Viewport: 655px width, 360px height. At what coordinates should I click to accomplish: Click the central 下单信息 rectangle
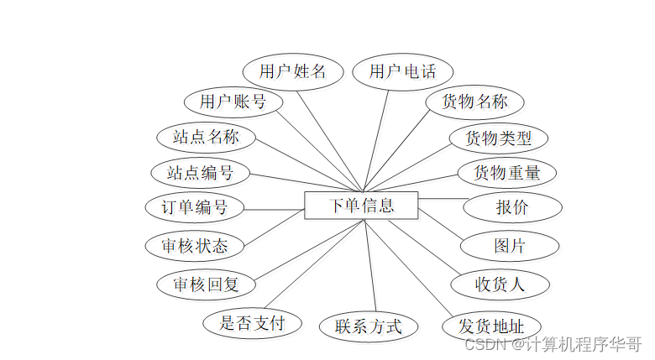(361, 206)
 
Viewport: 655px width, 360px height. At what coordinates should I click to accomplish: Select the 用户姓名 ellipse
(291, 71)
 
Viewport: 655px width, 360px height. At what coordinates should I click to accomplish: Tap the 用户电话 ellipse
(402, 71)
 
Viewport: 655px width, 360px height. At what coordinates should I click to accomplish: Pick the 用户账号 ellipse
(233, 102)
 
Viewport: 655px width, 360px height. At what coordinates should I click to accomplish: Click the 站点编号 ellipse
(200, 173)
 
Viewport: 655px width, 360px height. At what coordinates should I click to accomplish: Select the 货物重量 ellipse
(506, 173)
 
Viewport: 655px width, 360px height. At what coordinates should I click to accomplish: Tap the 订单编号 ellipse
(194, 206)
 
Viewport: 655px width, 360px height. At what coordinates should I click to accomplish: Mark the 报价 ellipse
(511, 207)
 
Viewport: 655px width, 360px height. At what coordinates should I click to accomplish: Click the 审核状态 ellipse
(194, 246)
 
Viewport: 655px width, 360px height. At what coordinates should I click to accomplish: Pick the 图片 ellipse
(510, 246)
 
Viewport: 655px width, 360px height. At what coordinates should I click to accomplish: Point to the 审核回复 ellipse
(206, 284)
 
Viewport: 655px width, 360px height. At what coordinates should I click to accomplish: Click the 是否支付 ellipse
(252, 322)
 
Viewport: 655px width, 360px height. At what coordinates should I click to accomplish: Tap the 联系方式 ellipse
(368, 326)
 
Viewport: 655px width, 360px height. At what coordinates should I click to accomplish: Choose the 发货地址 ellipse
(491, 326)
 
